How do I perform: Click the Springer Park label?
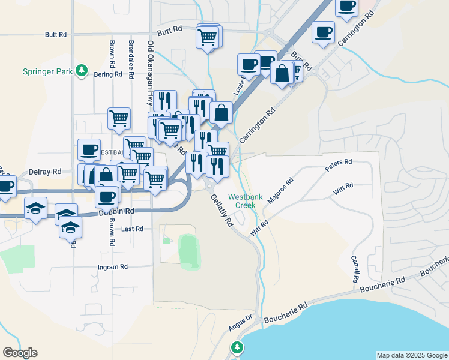(48, 71)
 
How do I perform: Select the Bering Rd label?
(108, 75)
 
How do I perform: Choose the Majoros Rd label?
(280, 190)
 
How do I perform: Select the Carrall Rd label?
(355, 269)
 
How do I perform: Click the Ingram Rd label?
(113, 266)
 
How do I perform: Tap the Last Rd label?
(132, 229)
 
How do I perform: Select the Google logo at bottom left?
(20, 353)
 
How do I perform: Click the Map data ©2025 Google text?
(411, 355)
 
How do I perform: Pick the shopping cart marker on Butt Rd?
(208, 37)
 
